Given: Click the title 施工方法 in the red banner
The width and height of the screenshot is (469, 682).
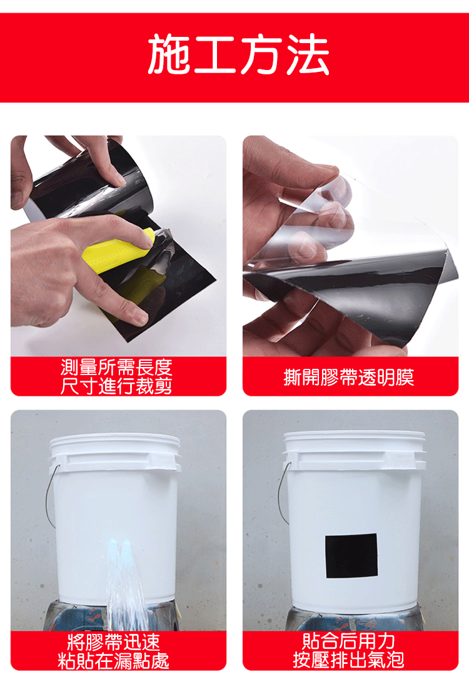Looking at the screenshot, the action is tap(238, 54).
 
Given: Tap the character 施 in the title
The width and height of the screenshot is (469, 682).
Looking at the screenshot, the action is tap(169, 54).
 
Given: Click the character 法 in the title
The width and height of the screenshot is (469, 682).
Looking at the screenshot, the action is tap(308, 54).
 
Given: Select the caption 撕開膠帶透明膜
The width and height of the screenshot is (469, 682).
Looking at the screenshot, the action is tap(348, 377).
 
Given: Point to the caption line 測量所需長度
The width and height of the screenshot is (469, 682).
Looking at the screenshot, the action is tap(116, 368).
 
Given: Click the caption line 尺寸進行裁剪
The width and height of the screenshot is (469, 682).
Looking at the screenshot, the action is tap(116, 386).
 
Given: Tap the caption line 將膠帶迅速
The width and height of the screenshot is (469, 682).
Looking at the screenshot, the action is tap(114, 642).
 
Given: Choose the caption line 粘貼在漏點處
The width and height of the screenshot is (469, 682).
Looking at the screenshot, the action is tap(114, 661).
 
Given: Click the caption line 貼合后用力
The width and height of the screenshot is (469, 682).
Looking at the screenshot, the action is tap(348, 641).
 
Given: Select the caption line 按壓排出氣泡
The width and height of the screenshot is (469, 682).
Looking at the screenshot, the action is tap(348, 660).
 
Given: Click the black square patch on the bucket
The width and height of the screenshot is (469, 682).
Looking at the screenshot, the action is tap(351, 556).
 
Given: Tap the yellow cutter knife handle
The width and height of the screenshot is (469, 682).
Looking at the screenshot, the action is tap(118, 251).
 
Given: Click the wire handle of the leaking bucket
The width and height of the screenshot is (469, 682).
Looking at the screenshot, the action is tap(51, 496).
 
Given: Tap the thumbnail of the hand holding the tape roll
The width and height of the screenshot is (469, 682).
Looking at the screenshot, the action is tap(118, 178).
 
